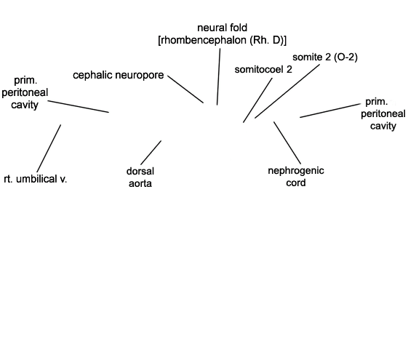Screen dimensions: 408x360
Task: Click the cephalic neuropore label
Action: [119, 75]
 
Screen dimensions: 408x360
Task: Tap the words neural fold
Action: [223, 28]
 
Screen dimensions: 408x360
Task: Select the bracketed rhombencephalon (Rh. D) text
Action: [223, 40]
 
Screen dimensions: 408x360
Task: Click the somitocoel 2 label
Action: [263, 69]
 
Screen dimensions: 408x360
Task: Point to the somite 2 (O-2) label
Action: [325, 57]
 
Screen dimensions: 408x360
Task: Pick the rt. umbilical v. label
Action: [36, 179]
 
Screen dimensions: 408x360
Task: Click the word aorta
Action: [140, 184]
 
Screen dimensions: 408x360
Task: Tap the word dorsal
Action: [140, 171]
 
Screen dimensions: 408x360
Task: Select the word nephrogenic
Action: [296, 171]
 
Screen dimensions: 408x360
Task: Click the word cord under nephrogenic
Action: [296, 183]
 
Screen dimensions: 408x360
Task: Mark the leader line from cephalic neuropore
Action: [185, 89]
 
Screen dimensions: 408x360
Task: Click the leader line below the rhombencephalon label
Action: [219, 77]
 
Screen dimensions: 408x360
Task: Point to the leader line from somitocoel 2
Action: [258, 100]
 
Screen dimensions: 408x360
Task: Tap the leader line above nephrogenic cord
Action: [287, 143]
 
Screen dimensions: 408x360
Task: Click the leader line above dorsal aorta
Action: [151, 153]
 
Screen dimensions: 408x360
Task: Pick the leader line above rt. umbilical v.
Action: [49, 148]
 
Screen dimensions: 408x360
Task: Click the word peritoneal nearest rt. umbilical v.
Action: [25, 92]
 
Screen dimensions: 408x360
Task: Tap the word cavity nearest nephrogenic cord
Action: [383, 126]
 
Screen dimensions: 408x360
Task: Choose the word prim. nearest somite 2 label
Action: [377, 102]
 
